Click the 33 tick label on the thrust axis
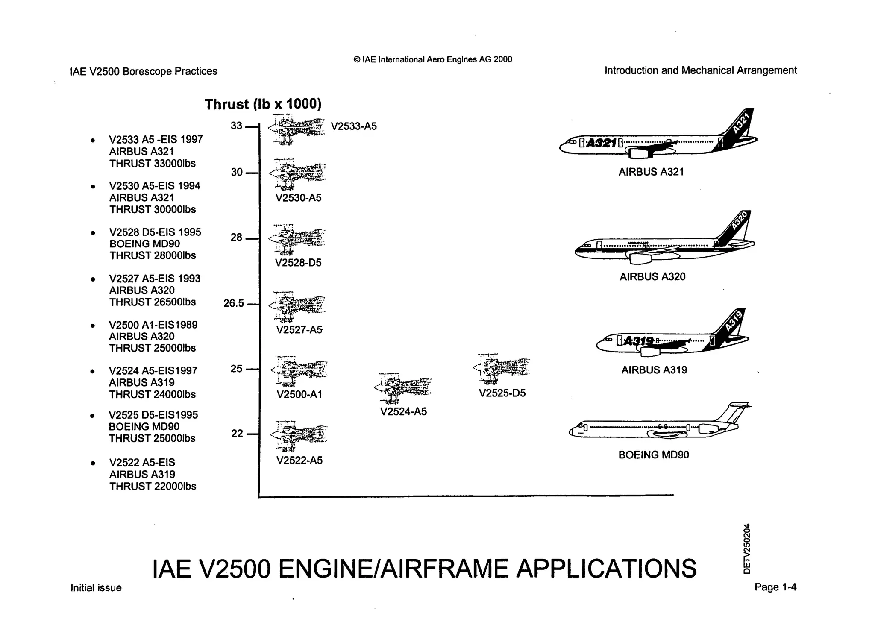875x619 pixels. pyautogui.click(x=236, y=126)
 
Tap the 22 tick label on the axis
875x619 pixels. pyautogui.click(x=237, y=434)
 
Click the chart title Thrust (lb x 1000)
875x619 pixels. pyautogui.click(x=263, y=104)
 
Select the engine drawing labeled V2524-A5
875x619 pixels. pyautogui.click(x=403, y=388)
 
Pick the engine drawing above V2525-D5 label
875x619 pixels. pyautogui.click(x=502, y=368)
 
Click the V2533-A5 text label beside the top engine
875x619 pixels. pyautogui.click(x=354, y=126)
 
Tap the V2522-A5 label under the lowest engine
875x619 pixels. pyautogui.click(x=299, y=461)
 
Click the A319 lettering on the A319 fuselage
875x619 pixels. pyautogui.click(x=639, y=341)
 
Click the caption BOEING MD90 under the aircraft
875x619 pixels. pyautogui.click(x=653, y=455)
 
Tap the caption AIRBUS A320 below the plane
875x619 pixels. pyautogui.click(x=652, y=277)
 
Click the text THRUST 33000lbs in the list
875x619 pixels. pyautogui.click(x=152, y=164)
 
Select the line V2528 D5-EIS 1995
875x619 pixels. pyautogui.click(x=155, y=232)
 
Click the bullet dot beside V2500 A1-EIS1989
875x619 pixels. pyautogui.click(x=93, y=326)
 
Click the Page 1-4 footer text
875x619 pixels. pyautogui.click(x=775, y=587)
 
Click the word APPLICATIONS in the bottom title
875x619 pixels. pyautogui.click(x=606, y=569)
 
